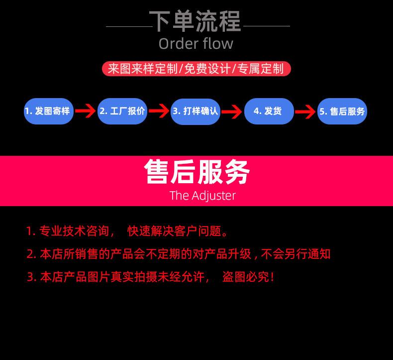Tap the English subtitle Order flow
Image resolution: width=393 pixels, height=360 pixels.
pyautogui.click(x=196, y=44)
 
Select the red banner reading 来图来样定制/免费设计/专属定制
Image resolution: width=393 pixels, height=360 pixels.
pyautogui.click(x=196, y=68)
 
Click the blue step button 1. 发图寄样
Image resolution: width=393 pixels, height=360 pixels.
pyautogui.click(x=49, y=111)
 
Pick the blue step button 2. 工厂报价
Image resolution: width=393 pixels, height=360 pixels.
pyautogui.click(x=122, y=111)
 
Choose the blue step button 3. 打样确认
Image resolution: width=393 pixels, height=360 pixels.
pyautogui.click(x=196, y=111)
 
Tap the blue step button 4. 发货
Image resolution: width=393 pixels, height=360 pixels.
pyautogui.click(x=269, y=111)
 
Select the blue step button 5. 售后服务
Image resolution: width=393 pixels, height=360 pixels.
pyautogui.click(x=342, y=111)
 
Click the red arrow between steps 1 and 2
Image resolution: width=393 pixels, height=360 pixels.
pyautogui.click(x=86, y=111)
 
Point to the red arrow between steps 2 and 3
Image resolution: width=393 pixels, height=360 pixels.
pyautogui.click(x=159, y=111)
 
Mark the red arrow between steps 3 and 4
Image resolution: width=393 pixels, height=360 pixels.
pyautogui.click(x=232, y=111)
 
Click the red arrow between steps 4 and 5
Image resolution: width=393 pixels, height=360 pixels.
pyautogui.click(x=305, y=111)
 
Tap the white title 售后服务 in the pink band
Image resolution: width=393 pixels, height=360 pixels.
pyautogui.click(x=197, y=172)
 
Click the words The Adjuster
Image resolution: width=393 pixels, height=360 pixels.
pyautogui.click(x=202, y=195)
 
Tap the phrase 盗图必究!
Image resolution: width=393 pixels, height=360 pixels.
pyautogui.click(x=248, y=277)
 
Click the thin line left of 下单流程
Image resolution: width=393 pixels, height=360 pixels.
pyautogui.click(x=128, y=26)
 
